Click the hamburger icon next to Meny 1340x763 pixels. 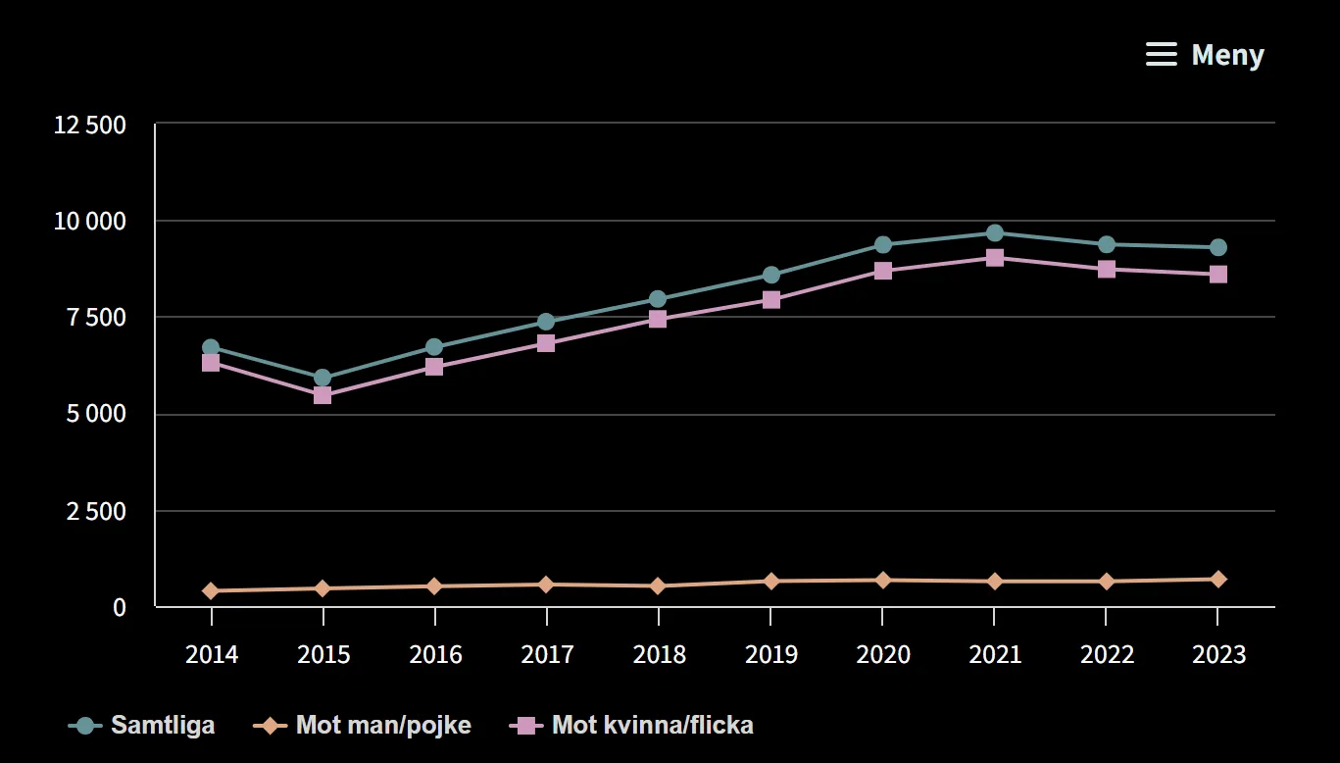[1161, 55]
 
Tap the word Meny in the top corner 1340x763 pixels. [1227, 55]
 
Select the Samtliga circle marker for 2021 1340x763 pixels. [994, 232]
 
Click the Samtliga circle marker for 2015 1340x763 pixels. [323, 379]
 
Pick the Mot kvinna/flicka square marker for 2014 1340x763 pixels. [211, 363]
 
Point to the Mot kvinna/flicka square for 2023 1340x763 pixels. [1217, 274]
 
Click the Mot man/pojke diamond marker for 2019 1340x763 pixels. [770, 581]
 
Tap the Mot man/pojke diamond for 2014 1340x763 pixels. [211, 590]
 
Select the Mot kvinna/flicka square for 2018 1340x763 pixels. [658, 319]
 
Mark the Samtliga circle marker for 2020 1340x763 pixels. [882, 244]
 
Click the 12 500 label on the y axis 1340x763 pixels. [90, 126]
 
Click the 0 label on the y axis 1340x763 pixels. [119, 607]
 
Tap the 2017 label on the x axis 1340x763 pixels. [547, 654]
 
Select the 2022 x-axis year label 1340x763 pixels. [1107, 654]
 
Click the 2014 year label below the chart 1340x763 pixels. [212, 654]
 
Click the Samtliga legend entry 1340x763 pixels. [142, 726]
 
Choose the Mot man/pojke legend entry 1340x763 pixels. [363, 726]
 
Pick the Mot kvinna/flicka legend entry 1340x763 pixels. [632, 726]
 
